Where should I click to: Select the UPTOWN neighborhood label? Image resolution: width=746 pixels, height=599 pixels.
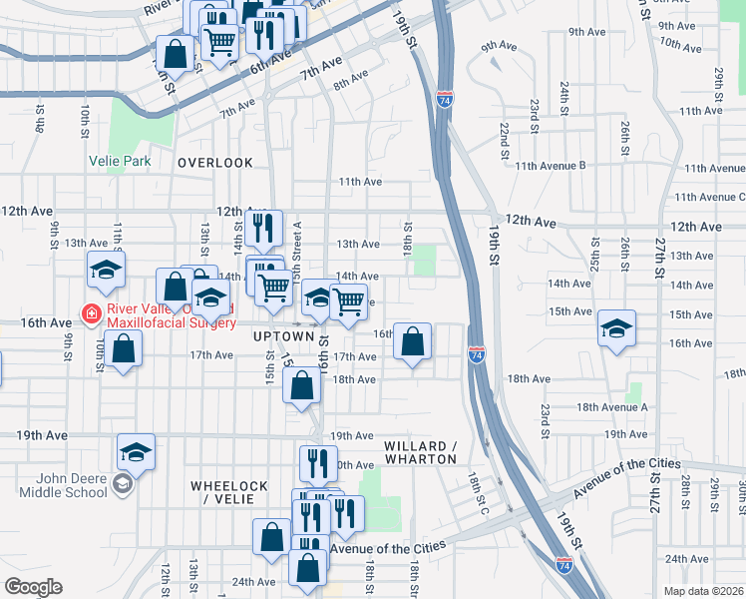262,337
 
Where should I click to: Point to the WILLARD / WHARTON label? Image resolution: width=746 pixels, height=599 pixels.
420,452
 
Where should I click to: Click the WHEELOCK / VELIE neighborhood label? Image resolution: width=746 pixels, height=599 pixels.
229,492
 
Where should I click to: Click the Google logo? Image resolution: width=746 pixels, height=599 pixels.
33,586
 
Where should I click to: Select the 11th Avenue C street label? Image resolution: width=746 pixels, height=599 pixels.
708,198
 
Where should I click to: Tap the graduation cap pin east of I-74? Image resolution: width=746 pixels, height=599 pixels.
617,327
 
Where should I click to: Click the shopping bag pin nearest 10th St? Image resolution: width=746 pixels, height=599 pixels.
124,349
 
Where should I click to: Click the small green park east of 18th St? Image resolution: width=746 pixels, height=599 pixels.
425,259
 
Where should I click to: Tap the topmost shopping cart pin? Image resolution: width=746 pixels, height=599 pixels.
218,40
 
